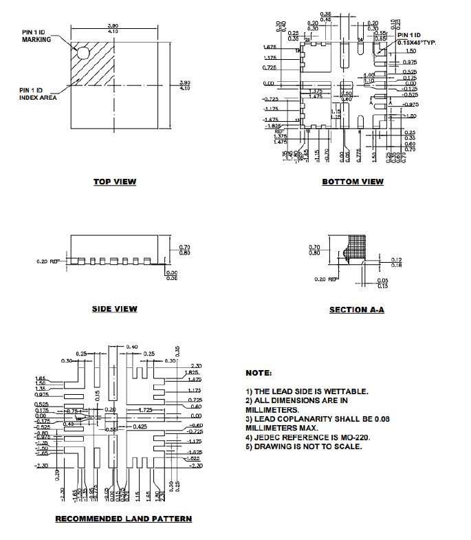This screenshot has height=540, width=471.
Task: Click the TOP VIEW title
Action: click(x=115, y=182)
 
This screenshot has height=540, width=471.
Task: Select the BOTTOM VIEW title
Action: click(x=353, y=182)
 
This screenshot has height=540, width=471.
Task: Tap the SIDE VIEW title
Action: click(x=114, y=309)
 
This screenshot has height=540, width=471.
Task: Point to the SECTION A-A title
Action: click(x=357, y=310)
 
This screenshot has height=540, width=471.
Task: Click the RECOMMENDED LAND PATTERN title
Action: click(x=123, y=518)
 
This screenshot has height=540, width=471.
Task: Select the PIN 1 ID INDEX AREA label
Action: click(x=37, y=94)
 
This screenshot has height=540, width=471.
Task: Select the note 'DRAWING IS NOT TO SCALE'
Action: click(x=303, y=446)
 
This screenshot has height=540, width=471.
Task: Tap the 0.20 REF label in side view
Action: click(x=48, y=261)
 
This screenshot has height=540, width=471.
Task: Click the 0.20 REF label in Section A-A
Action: click(x=326, y=279)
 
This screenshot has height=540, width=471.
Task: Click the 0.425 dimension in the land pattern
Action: click(x=140, y=426)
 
